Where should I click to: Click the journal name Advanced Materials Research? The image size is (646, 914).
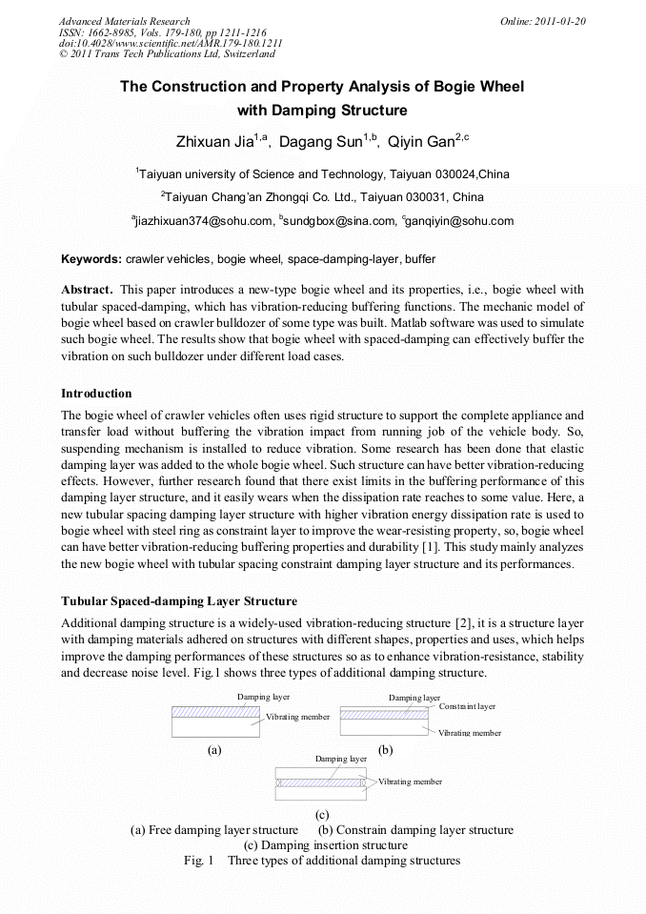point(124,21)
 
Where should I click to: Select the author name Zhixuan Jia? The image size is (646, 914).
point(214,142)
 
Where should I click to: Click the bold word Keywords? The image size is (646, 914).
point(91,258)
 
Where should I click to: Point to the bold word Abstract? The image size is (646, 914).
point(89,289)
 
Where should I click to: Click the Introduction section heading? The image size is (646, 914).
point(96,394)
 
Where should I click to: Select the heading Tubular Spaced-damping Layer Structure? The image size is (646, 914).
point(179,601)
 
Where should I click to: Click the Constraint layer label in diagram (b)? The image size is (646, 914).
point(467,706)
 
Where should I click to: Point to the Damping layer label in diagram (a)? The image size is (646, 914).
point(263,698)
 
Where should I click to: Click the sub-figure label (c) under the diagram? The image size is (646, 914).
point(321,815)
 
